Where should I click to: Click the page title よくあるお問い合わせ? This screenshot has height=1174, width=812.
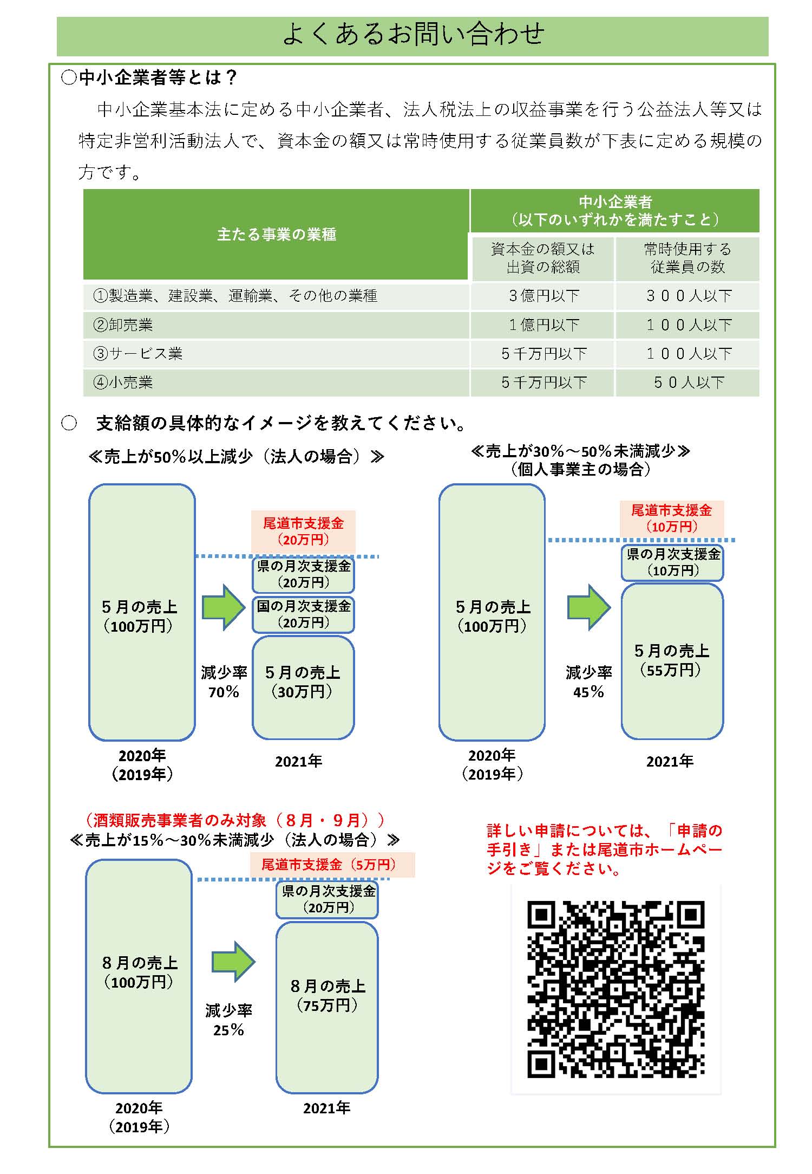coord(413,34)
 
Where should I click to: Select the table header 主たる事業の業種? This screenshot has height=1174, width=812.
coord(276,234)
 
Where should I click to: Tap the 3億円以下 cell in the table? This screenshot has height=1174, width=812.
coord(543,296)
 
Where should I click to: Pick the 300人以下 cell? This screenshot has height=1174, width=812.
coord(688,296)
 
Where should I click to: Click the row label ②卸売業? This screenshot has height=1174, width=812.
coord(123,325)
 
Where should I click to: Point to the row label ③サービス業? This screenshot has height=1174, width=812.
coord(138,354)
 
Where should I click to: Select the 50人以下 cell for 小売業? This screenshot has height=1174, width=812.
coord(688,382)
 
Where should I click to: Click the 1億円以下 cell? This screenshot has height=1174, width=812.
coord(543,325)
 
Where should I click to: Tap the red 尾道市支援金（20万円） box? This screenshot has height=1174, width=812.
coord(303,531)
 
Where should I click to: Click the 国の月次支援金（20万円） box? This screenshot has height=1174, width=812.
coord(303,614)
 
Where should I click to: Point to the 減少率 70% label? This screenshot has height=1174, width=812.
coord(224,682)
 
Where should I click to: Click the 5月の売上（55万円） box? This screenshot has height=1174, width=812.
coord(672,661)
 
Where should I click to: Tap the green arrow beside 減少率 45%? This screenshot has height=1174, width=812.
coord(588,607)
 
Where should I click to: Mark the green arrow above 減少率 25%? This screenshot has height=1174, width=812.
coord(233,962)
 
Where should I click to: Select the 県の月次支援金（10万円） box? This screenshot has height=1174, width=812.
coord(672,562)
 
